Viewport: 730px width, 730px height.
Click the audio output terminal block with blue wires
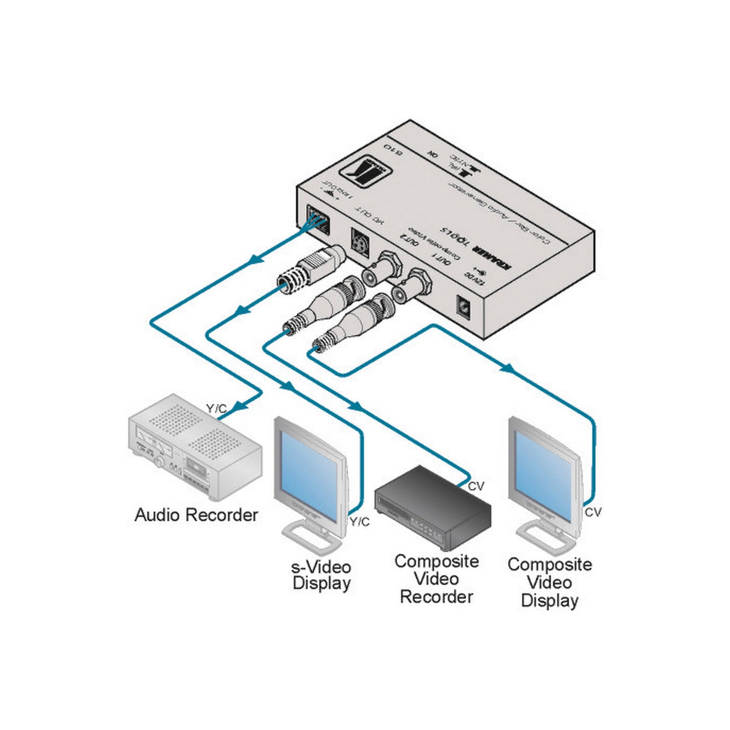point(317,219)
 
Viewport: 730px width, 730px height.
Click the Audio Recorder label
point(196,515)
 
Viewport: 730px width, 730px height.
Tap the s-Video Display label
point(321,575)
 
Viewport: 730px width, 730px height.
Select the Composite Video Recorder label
point(437,579)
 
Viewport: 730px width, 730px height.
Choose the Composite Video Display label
point(550,582)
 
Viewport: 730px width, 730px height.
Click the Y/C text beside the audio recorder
point(216,409)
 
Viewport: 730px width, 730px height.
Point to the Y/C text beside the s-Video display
point(360,522)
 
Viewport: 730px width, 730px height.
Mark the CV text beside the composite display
point(593,512)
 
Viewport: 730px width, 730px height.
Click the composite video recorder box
point(433,511)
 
